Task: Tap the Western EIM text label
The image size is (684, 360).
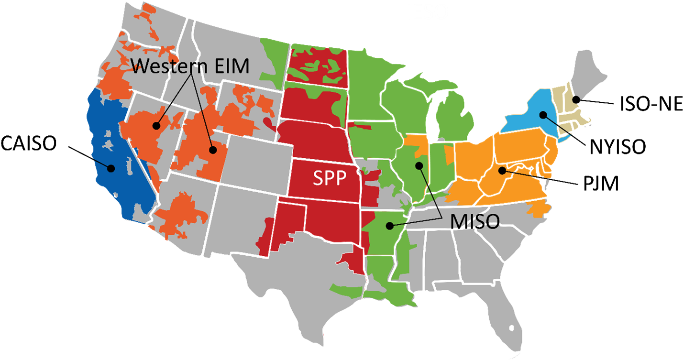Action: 190,66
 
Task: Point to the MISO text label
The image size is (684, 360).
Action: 474,221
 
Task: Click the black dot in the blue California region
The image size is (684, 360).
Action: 111,168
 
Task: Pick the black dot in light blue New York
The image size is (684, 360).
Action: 543,115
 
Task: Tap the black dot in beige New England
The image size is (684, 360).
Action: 576,99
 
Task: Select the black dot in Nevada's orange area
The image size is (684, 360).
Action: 156,126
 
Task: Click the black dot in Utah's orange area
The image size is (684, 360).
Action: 213,150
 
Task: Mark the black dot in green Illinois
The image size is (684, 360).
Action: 419,165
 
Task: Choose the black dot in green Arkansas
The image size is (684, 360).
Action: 391,225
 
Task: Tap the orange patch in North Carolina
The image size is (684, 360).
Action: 538,208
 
